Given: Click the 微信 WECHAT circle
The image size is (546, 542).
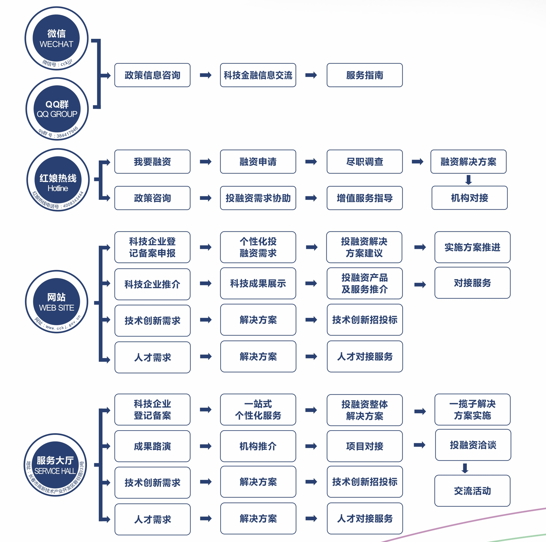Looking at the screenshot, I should point(56,38).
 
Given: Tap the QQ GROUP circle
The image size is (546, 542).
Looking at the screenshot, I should point(57,109).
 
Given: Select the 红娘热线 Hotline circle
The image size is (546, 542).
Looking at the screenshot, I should point(58,180).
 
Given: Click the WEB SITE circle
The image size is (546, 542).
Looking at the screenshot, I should point(57,302).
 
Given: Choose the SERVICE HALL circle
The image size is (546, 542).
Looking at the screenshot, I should point(55,465).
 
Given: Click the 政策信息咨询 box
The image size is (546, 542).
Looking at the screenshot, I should point(152,75).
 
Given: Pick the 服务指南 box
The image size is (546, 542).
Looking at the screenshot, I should point(365,75).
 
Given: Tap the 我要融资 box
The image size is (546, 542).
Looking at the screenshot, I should point(152,161).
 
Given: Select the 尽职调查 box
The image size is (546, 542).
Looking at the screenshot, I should point(365,161).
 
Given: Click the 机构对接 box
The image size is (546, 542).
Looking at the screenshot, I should point(469,198).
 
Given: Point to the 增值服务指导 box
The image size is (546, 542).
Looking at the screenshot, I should point(365,198).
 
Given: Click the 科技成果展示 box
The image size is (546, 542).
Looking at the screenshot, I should point(258,283).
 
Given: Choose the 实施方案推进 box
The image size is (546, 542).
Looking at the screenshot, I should point(472,247).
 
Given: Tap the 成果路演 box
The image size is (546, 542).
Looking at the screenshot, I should point(152,446).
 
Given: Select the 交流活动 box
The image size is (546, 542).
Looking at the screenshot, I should point(472,490).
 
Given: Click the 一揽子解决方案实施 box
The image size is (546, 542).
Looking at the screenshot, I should point(472,409).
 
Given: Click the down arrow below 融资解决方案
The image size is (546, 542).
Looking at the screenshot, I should point(469,180).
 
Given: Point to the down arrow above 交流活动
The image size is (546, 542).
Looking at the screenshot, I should point(465,468).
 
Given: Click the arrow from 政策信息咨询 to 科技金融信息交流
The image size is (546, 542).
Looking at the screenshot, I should point(205,75).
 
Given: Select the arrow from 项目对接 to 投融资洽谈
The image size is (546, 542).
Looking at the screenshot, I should point(420,445).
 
